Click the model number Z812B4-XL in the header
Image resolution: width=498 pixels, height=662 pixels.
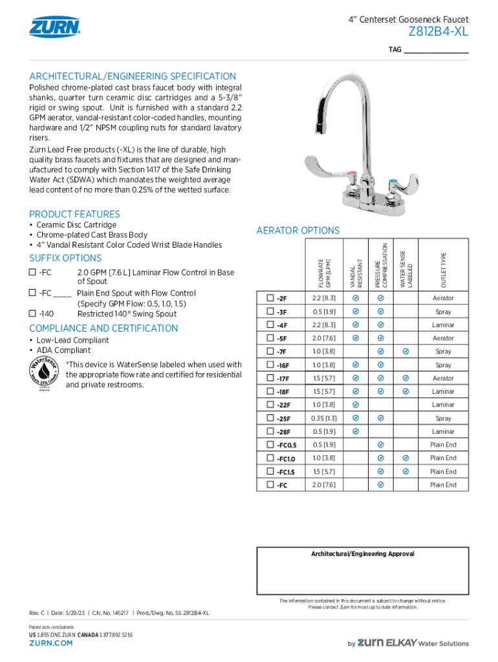click(438, 32)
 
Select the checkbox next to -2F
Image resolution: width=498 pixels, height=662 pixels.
click(270, 298)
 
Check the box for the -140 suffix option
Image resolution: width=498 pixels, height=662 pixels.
click(32, 314)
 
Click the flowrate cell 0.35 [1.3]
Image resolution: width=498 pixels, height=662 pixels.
click(323, 418)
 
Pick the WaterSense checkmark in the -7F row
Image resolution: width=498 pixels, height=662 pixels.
click(406, 352)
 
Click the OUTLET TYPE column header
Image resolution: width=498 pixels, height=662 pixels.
click(444, 270)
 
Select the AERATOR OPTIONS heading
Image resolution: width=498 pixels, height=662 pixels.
click(298, 231)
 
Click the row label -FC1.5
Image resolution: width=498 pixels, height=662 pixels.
click(287, 472)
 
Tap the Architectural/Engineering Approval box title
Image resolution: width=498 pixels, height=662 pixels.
click(362, 554)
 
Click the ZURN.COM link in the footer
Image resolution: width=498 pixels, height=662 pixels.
click(51, 643)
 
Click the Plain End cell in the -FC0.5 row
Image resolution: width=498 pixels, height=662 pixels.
click(443, 445)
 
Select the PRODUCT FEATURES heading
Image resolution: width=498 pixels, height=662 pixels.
click(74, 214)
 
